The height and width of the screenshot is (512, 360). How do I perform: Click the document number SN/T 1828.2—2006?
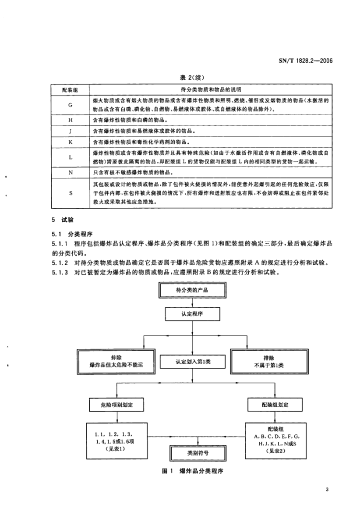tap(305, 60)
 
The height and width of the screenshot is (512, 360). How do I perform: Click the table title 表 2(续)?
tap(192, 77)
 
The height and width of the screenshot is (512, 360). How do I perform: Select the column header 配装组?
tap(70, 90)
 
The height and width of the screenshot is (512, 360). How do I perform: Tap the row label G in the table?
tap(70, 105)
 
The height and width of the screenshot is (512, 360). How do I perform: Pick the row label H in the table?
tap(70, 120)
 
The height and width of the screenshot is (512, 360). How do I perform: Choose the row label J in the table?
tap(70, 131)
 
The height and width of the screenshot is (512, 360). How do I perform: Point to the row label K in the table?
tap(70, 142)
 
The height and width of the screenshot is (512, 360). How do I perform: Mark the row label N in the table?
tap(70, 172)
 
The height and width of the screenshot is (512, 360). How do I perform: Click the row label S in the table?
tap(70, 193)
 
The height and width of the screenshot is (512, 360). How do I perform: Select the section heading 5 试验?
tap(62, 220)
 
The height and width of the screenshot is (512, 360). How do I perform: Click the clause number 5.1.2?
tap(60, 263)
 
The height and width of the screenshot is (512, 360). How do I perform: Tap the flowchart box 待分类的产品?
tap(192, 290)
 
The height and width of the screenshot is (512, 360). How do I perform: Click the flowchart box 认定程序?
tap(192, 314)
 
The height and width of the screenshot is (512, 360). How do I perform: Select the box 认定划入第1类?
tap(192, 362)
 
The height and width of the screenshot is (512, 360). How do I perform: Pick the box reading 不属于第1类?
tap(269, 361)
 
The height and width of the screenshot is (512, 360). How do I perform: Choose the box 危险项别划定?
tap(116, 405)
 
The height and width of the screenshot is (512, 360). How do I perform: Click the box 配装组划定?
tap(275, 405)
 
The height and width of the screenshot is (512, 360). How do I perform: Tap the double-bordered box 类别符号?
tap(198, 453)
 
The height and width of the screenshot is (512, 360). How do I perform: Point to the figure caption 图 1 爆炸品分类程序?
tap(192, 471)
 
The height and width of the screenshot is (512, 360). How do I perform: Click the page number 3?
tap(326, 489)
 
